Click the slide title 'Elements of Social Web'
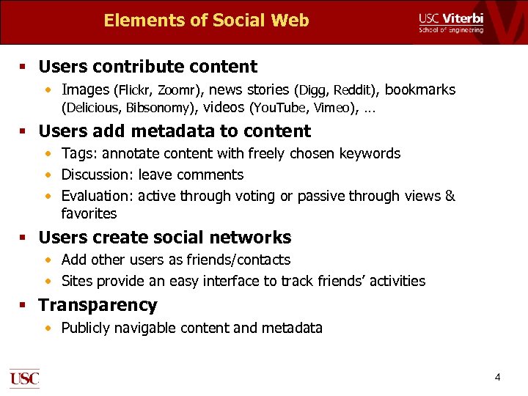click(206, 21)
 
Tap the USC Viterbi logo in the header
click(451, 22)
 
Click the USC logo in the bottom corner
click(24, 378)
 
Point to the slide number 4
click(498, 378)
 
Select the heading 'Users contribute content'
click(147, 67)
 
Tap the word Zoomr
click(177, 91)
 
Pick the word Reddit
click(354, 91)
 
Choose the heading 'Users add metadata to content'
click(175, 131)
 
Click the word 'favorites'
click(89, 214)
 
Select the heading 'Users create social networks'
click(164, 238)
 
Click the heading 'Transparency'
click(98, 305)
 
